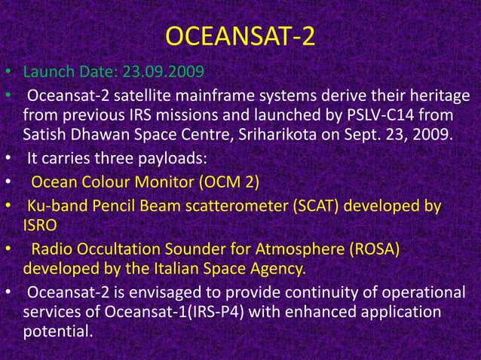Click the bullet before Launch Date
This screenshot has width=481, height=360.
(x=7, y=75)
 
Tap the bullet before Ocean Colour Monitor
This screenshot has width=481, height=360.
(x=7, y=182)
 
